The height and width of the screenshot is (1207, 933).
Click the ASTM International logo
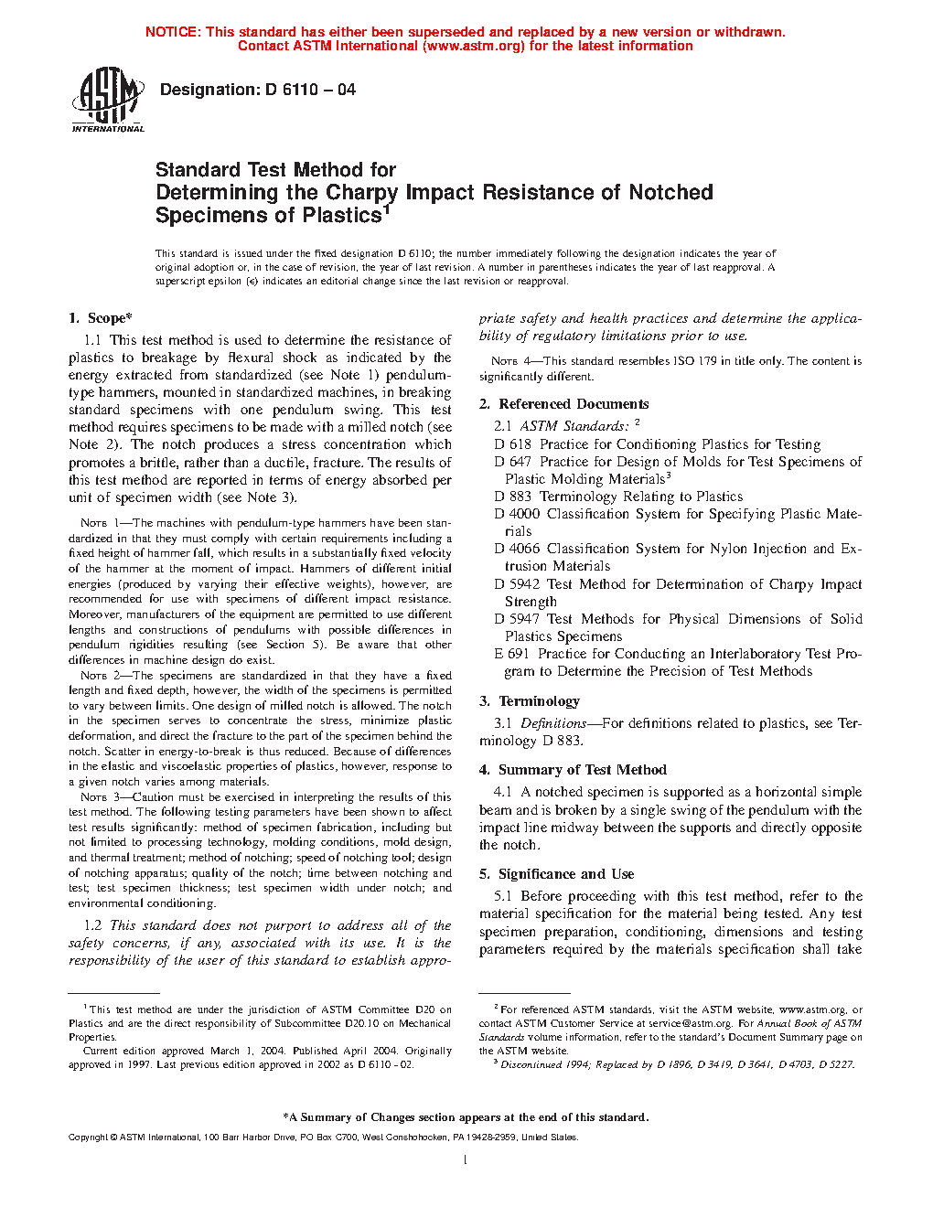click(107, 101)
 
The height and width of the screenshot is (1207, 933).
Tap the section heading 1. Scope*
click(101, 318)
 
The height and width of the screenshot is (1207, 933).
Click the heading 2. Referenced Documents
click(563, 404)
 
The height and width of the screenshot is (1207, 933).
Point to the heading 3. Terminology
click(530, 701)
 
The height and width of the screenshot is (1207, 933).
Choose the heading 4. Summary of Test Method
click(573, 770)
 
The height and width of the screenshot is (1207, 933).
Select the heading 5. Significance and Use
click(556, 874)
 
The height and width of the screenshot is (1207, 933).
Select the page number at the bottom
click(466, 1160)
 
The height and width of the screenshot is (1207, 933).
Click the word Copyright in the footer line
click(88, 1138)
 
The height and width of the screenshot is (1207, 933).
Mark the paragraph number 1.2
click(93, 925)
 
